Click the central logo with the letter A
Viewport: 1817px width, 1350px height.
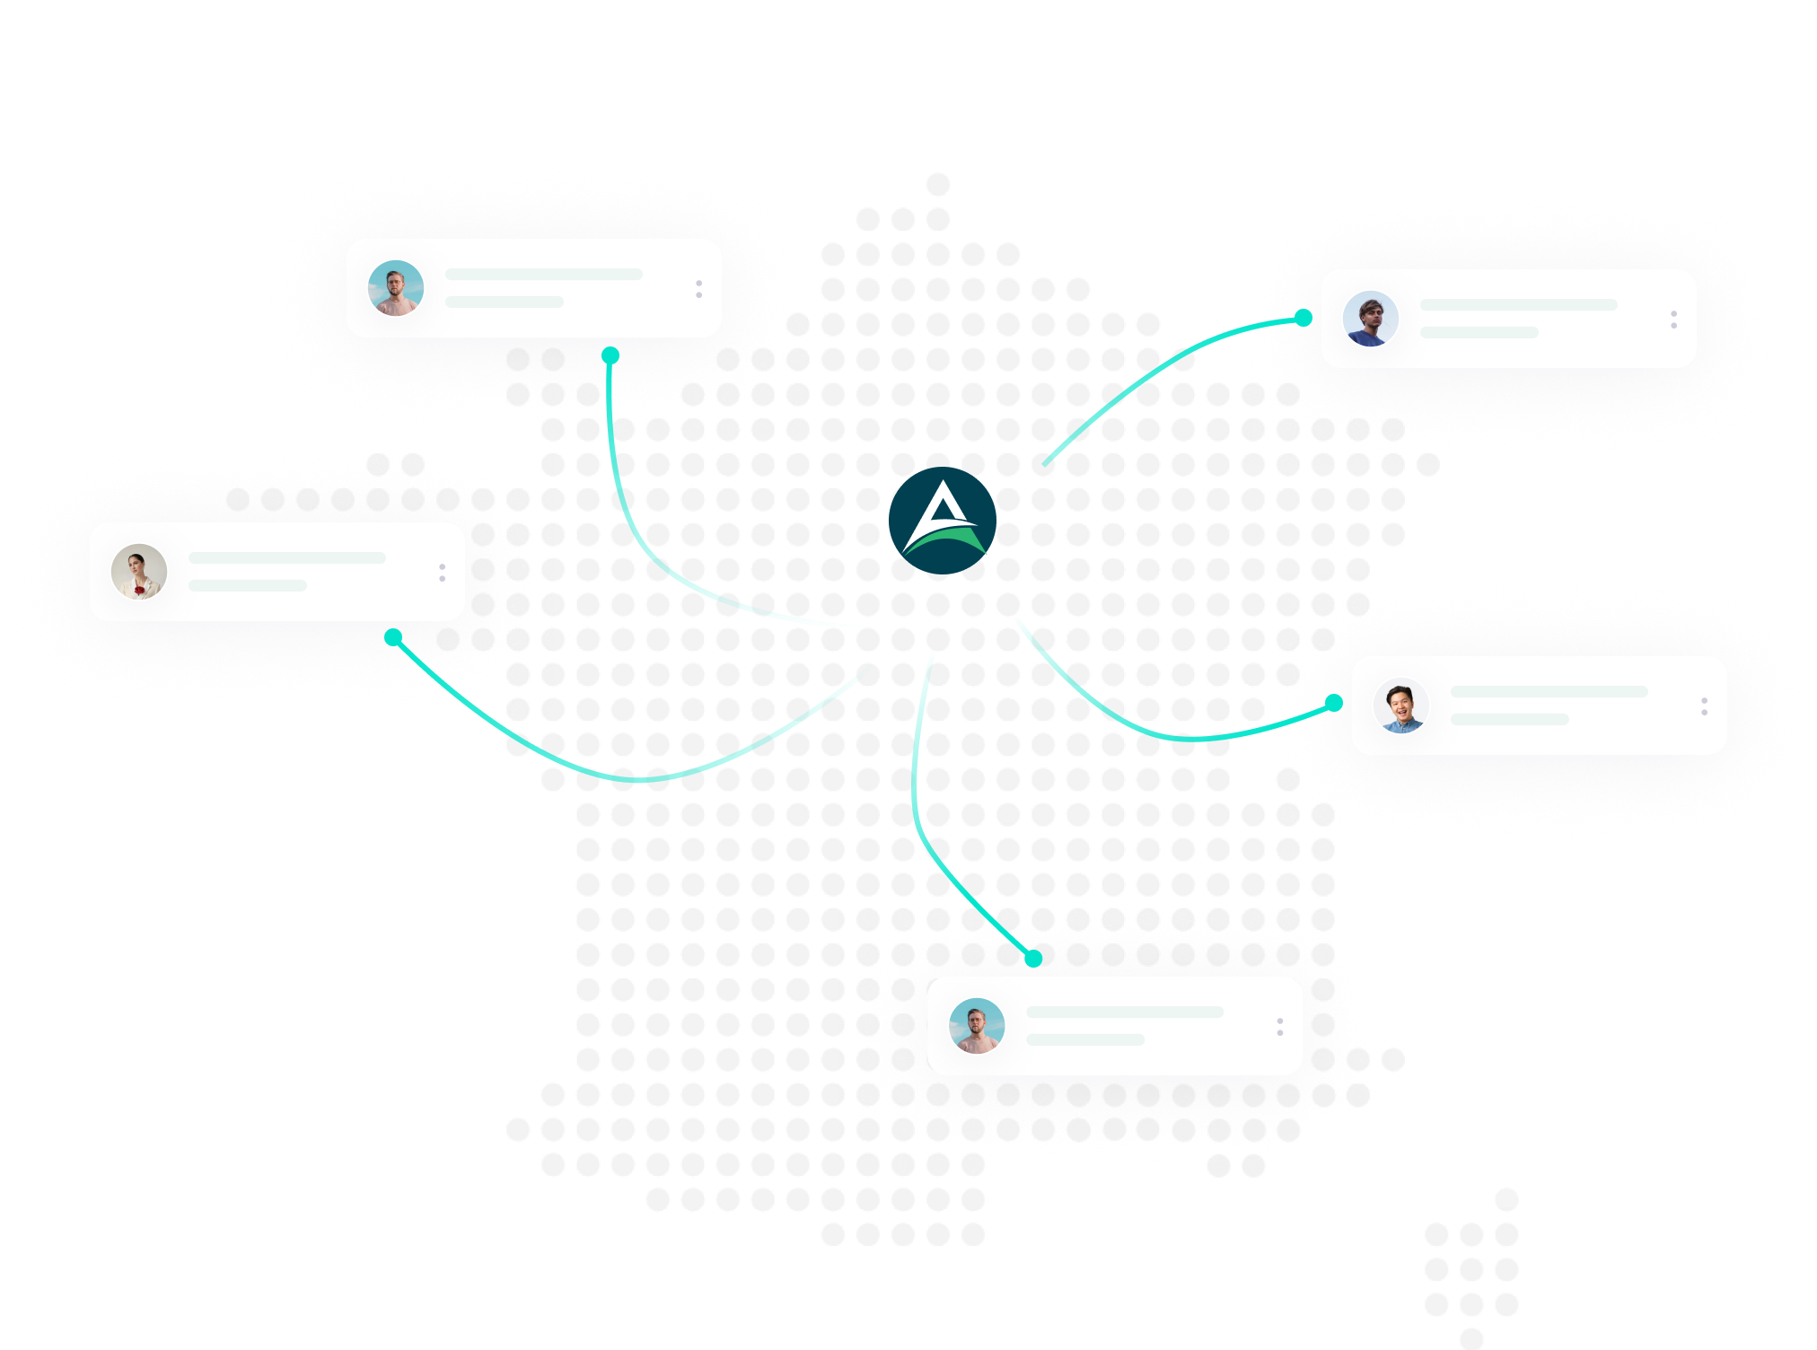pos(942,520)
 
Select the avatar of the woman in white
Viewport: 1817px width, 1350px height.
pos(139,572)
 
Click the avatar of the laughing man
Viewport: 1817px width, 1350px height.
pos(1401,706)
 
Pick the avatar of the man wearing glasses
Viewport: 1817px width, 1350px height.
pos(396,288)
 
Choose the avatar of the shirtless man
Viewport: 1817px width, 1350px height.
pos(977,1025)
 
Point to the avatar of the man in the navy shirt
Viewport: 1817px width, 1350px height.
pos(1371,319)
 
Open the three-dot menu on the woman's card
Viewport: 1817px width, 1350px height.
pos(442,573)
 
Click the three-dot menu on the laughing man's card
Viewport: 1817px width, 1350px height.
pos(1704,706)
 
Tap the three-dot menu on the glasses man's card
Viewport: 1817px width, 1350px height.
pos(698,289)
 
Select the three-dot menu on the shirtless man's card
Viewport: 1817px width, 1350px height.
pos(1279,1027)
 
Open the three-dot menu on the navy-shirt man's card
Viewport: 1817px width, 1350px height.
pos(1673,320)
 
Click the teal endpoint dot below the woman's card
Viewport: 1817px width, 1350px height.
pos(393,637)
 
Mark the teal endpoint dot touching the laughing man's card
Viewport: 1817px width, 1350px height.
pos(1335,703)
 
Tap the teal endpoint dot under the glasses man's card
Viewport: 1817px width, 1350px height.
pos(610,355)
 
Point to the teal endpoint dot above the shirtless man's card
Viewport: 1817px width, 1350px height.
pos(1034,959)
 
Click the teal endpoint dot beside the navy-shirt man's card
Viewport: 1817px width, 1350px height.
pos(1303,318)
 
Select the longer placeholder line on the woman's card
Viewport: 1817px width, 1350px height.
pos(286,558)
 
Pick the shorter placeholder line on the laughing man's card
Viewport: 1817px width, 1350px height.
pos(1509,720)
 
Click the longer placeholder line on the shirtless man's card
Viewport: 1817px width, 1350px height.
pos(1124,1012)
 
